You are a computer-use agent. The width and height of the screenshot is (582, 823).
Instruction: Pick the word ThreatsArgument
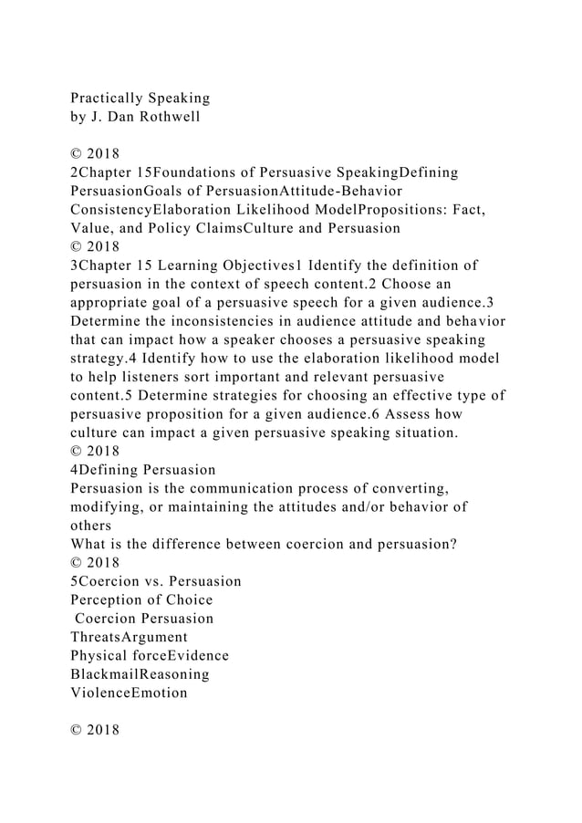(129, 637)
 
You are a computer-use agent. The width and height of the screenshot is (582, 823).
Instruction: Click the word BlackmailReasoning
(140, 674)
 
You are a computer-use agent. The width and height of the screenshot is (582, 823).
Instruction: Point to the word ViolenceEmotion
(129, 693)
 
